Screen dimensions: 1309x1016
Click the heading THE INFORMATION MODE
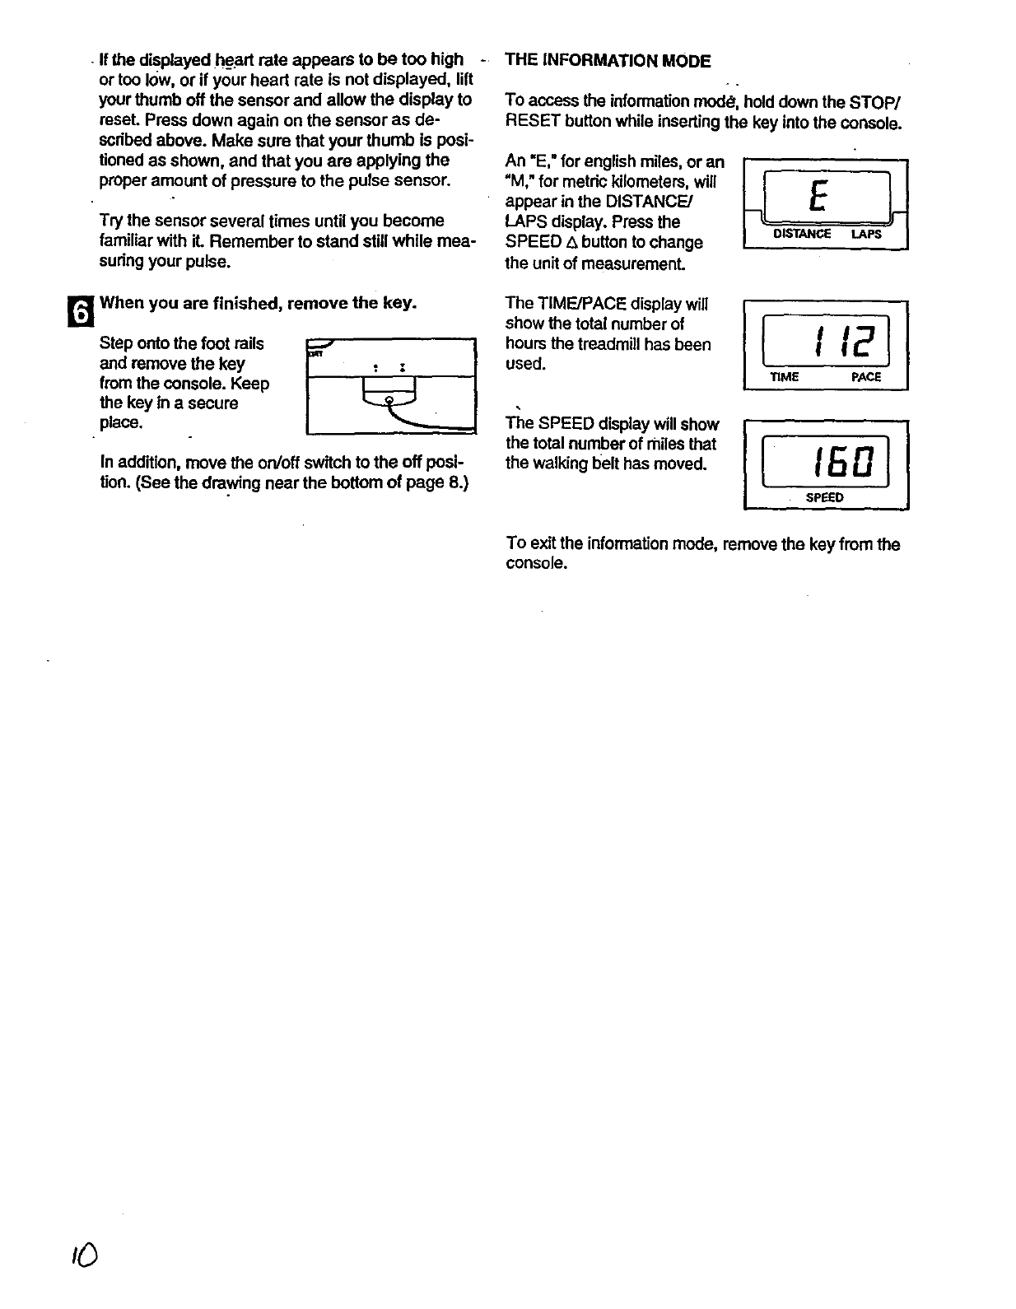point(608,60)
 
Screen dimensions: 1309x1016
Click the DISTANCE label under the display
point(802,234)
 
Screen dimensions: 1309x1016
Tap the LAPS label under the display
point(866,234)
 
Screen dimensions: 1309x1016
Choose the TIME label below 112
point(784,377)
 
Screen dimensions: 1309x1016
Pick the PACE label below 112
point(866,377)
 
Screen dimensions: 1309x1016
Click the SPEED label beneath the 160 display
point(824,497)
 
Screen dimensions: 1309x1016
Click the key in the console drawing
point(389,401)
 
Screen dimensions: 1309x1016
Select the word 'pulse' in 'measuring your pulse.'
point(207,262)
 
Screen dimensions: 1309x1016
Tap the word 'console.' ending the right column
point(536,564)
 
